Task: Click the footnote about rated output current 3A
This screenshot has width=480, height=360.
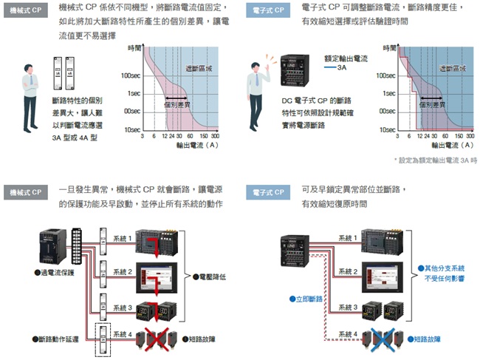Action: point(436,160)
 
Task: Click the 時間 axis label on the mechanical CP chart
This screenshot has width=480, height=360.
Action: point(134,47)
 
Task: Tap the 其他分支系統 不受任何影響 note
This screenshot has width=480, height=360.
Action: point(441,273)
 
